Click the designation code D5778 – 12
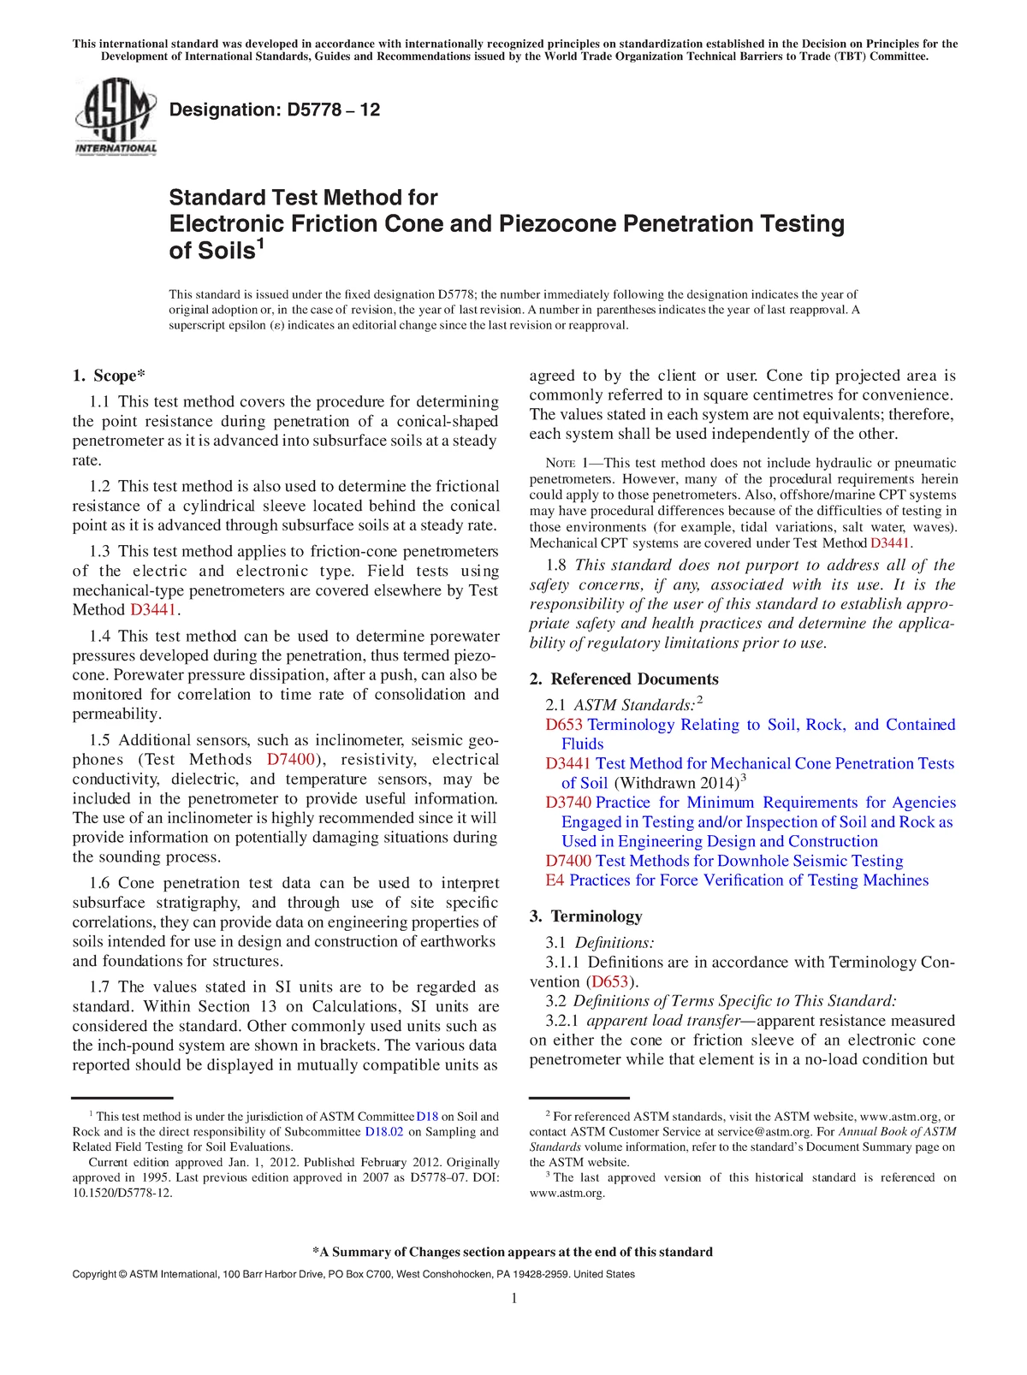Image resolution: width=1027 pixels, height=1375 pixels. [275, 110]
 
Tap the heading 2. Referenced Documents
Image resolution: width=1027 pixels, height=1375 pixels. [623, 679]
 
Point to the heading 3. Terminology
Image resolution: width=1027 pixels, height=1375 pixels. [585, 916]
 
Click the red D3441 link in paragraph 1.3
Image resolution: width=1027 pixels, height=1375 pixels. [153, 610]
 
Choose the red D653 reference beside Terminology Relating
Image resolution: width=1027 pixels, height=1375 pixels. [564, 725]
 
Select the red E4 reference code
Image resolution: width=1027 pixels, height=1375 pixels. [555, 880]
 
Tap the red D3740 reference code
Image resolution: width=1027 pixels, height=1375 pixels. [568, 803]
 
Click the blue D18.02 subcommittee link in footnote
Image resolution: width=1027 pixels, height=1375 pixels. [384, 1132]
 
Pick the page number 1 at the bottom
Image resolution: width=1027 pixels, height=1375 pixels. [514, 1300]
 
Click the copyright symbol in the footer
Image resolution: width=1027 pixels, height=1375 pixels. [123, 1275]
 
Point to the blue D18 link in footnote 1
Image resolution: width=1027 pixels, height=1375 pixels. [427, 1117]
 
